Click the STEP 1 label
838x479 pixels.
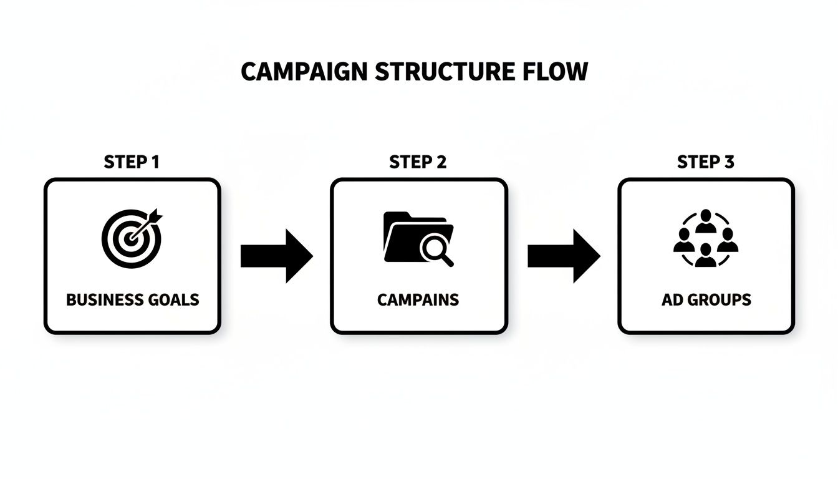click(x=132, y=162)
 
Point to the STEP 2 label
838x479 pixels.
click(x=418, y=162)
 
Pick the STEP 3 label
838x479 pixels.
click(x=706, y=162)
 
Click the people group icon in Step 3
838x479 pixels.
click(x=705, y=238)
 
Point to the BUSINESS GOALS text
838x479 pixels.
click(x=132, y=299)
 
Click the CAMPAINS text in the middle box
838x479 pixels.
click(x=418, y=299)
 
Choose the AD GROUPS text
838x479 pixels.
click(x=706, y=299)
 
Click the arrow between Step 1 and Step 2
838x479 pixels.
click(x=276, y=256)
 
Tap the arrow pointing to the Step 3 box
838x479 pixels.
click(x=563, y=256)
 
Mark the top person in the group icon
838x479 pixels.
click(x=705, y=220)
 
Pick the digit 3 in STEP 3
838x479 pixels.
click(x=729, y=162)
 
